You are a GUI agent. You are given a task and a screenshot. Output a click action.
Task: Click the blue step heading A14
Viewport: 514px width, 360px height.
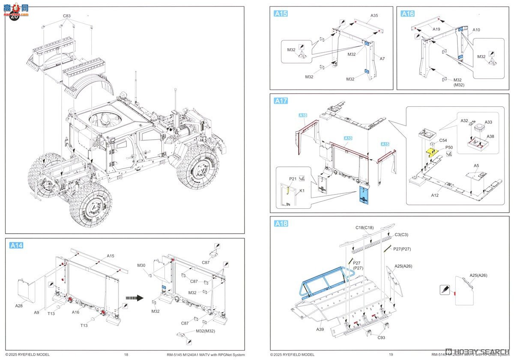point(16,245)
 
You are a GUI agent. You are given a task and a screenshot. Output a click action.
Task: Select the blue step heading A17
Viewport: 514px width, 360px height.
point(281,101)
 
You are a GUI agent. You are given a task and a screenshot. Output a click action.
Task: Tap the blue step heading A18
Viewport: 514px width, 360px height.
point(281,223)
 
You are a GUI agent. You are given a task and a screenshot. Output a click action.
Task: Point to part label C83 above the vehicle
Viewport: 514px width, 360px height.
point(66,16)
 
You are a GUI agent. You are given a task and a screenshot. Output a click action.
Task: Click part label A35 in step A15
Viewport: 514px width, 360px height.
point(374,15)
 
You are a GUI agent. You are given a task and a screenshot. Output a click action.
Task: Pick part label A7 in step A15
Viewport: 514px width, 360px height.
point(382,58)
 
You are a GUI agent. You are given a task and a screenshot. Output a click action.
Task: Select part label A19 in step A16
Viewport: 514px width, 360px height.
point(436,29)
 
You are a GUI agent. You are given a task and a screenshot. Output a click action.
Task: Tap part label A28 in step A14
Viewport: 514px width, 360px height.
point(19,306)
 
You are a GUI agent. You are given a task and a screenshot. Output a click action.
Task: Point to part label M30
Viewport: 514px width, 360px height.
point(142,265)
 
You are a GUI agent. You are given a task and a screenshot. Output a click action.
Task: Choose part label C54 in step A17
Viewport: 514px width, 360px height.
point(443,140)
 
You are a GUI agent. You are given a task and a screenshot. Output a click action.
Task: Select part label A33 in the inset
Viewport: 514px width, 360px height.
point(488,122)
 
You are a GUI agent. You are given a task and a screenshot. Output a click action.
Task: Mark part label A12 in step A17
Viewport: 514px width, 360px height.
point(435,195)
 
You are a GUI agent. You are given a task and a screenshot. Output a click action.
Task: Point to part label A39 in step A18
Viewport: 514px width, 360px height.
point(320,329)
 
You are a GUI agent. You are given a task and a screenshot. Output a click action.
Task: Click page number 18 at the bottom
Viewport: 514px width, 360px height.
point(126,354)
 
